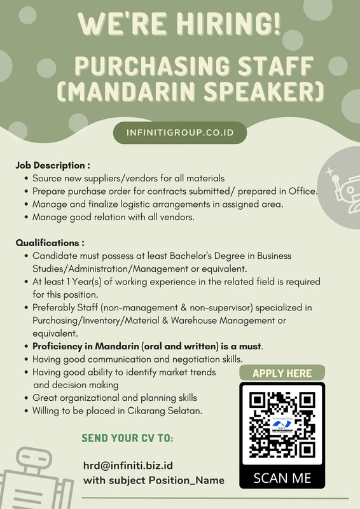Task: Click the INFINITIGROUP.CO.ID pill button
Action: point(180,133)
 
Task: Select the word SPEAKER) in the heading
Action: point(264,91)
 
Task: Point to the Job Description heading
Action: point(53,165)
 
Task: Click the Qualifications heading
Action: point(50,243)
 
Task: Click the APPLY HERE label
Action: point(282,373)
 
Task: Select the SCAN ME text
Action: point(282,478)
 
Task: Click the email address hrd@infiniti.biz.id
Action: point(128,466)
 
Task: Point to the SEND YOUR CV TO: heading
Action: point(127,438)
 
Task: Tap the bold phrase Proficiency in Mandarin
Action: point(86,346)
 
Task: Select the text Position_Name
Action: point(186,480)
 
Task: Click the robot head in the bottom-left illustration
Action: point(34,458)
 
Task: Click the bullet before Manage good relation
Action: point(26,217)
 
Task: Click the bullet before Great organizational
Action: point(26,398)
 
